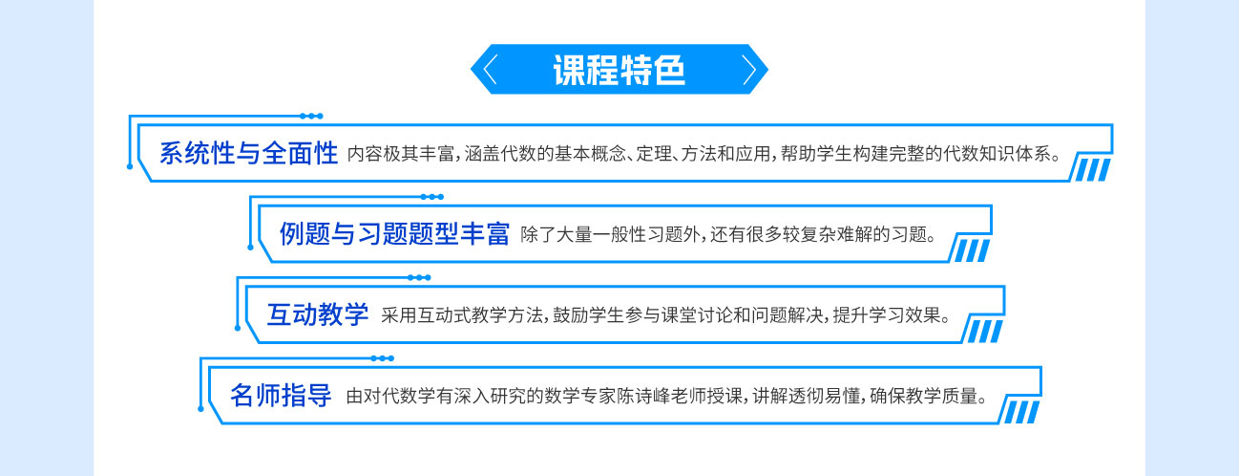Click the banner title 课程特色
point(619,71)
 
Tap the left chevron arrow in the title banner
point(490,70)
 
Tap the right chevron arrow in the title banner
point(749,70)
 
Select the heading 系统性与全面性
point(248,154)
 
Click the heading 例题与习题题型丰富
point(394,234)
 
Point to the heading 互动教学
point(318,314)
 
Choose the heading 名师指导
point(281,396)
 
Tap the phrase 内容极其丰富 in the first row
point(401,154)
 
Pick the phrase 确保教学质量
point(923,397)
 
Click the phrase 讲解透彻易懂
point(806,397)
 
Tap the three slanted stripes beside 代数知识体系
point(1092,169)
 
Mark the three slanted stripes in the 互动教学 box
point(984,332)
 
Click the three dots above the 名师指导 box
point(382,358)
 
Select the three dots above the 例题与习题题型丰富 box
point(432,197)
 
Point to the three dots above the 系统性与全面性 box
point(311,116)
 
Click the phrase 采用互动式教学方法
point(462,315)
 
